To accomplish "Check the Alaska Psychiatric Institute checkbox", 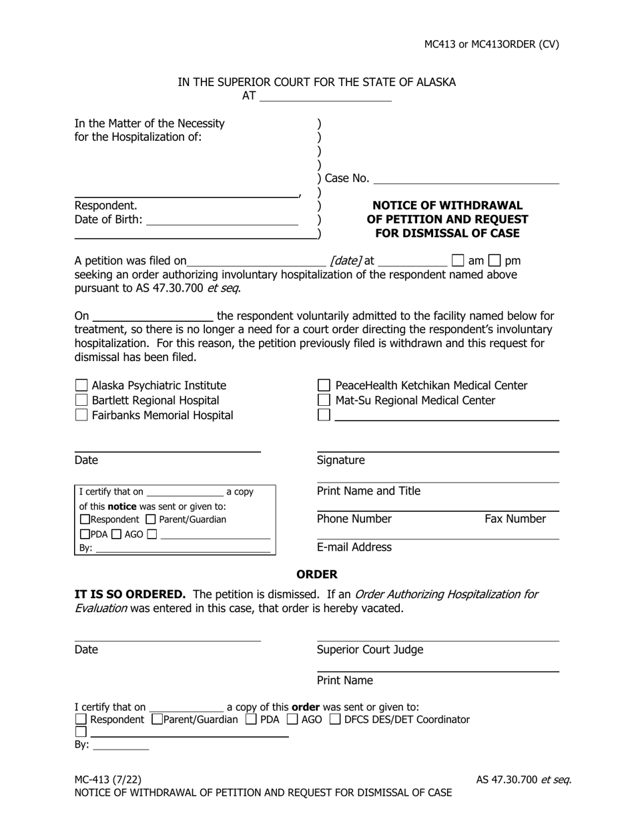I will tap(81, 385).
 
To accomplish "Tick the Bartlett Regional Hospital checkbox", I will tap(81, 400).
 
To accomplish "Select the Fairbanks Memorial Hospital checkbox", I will tap(81, 415).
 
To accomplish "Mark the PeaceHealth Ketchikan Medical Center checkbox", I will tap(324, 385).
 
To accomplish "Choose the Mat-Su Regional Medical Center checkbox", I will tap(324, 400).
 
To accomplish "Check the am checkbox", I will tap(458, 260).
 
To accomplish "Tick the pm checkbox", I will tap(495, 260).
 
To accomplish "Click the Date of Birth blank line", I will tap(222, 220).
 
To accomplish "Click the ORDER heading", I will tap(317, 574).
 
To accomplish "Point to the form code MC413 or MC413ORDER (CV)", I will tap(492, 45).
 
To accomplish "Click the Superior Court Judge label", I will tap(370, 649).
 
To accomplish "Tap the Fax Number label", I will tap(515, 519).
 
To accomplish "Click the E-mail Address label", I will tap(354, 547).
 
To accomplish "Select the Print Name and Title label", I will tap(368, 491).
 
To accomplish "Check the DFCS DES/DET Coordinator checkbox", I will tap(335, 719).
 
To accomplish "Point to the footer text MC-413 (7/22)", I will tap(108, 779).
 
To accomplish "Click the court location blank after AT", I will tap(325, 96).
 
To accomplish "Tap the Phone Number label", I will tap(354, 519).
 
